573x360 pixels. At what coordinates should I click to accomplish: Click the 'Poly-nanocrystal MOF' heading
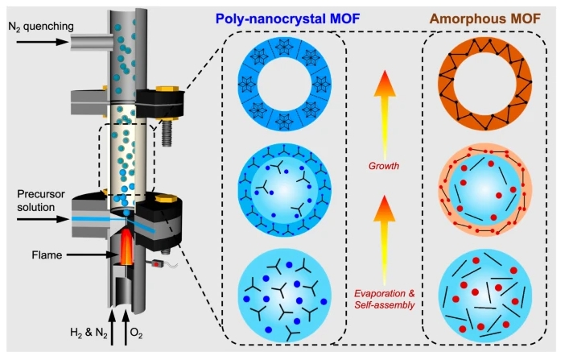tap(287, 19)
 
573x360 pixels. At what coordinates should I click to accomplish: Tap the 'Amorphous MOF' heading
tap(485, 19)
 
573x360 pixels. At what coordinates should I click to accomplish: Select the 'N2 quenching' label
tap(41, 27)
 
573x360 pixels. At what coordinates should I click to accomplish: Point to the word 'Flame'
tap(47, 254)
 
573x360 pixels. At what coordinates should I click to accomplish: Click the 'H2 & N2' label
tap(89, 333)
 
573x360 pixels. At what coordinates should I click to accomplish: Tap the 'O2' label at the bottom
tap(136, 333)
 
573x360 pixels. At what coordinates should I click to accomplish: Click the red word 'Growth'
tap(384, 166)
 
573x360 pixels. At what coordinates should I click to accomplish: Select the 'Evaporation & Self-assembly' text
tap(385, 299)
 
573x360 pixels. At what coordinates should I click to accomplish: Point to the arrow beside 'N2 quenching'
tap(43, 42)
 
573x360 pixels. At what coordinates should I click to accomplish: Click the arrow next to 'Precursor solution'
tap(43, 220)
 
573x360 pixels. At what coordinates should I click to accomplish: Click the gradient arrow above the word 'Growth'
tap(385, 116)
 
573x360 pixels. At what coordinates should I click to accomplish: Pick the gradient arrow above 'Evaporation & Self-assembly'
tap(385, 240)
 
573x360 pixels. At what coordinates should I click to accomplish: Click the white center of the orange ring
tap(485, 84)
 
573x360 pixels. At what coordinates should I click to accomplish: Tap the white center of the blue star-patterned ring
tap(285, 84)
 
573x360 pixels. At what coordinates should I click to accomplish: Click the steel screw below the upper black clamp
tap(167, 133)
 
